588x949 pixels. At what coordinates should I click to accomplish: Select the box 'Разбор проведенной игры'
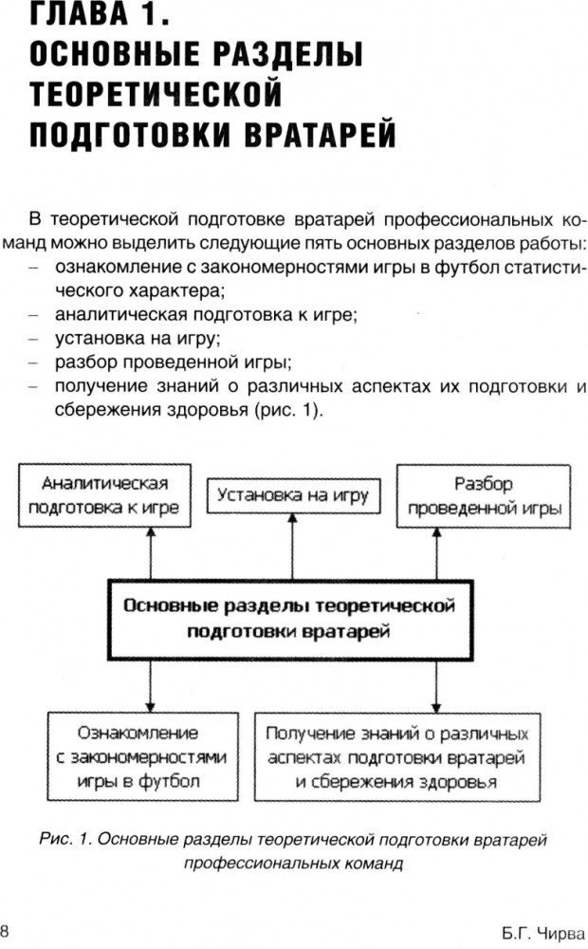pos(483,494)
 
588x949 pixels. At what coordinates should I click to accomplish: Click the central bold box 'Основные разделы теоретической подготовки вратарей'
pos(289,616)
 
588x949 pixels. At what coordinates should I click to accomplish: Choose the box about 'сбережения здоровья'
pos(396,757)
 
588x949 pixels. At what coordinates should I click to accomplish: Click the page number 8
pos(6,928)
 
